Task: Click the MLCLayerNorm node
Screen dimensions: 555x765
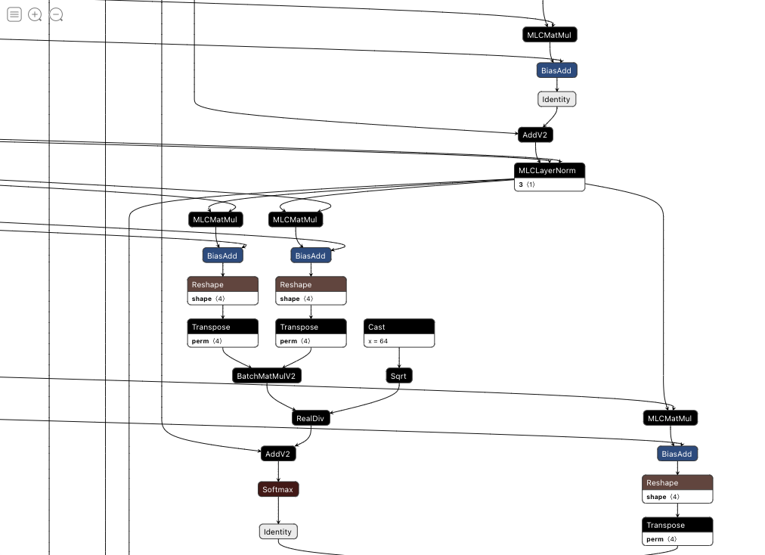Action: pyautogui.click(x=550, y=170)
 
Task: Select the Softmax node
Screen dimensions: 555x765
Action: pyautogui.click(x=278, y=489)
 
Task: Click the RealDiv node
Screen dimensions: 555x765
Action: pyautogui.click(x=311, y=417)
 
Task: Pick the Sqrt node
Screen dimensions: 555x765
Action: pyautogui.click(x=399, y=376)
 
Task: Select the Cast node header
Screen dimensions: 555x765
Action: pyautogui.click(x=399, y=327)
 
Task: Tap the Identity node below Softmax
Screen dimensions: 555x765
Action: pyautogui.click(x=278, y=532)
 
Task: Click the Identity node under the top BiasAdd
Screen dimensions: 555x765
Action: pyautogui.click(x=556, y=99)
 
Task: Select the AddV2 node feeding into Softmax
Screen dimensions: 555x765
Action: pyautogui.click(x=278, y=454)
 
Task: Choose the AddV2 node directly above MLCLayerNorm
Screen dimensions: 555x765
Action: pyautogui.click(x=536, y=135)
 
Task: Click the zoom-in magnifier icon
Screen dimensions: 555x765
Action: pyautogui.click(x=35, y=14)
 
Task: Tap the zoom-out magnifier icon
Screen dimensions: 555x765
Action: pyautogui.click(x=56, y=14)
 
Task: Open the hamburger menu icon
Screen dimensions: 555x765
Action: pyautogui.click(x=14, y=14)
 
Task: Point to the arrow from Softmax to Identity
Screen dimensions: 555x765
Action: pyautogui.click(x=278, y=510)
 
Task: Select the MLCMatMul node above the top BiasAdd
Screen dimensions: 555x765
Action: pyautogui.click(x=550, y=35)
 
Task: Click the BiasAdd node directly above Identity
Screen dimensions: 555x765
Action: pyautogui.click(x=557, y=70)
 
